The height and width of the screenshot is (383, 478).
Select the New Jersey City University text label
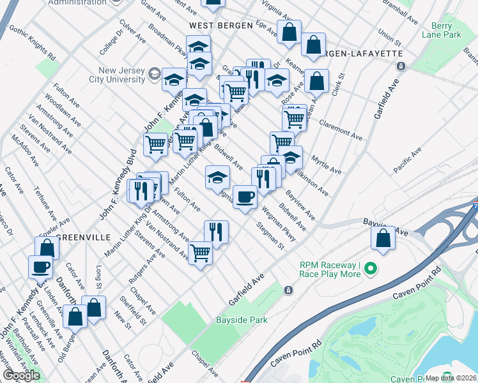121,75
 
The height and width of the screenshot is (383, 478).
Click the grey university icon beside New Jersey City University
154,75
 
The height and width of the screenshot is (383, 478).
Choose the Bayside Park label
241,319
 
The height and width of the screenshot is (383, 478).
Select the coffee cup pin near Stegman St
244,197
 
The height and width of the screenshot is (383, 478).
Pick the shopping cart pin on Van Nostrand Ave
201,253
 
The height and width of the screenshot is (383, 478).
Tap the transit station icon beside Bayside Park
289,290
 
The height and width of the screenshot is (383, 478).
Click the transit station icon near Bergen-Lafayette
401,66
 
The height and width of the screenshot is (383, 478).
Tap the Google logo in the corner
22,375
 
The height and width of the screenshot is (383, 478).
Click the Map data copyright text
450,378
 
